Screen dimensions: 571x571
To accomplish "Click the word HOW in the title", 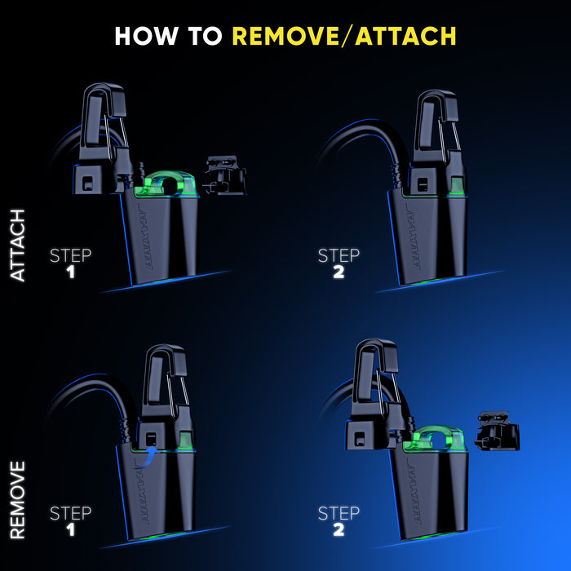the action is click(146, 36).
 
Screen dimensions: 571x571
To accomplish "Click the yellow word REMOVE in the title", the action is click(285, 36).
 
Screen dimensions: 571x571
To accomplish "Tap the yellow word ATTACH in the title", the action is click(405, 36).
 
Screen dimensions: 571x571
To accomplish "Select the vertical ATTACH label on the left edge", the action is click(17, 246).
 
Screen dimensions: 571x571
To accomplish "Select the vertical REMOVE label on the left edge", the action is click(17, 500).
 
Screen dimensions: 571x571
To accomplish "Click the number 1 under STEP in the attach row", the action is click(71, 272).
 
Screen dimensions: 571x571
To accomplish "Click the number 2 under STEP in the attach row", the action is click(339, 272).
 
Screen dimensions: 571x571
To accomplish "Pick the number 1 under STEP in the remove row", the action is click(71, 530).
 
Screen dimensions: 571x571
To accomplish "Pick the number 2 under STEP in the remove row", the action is click(339, 530).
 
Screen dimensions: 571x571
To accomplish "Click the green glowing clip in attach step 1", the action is click(166, 184).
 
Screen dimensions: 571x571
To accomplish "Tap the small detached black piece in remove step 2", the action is click(497, 431).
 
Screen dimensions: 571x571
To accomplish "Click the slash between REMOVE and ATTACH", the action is click(347, 36).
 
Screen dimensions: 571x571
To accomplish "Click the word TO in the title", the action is click(205, 36).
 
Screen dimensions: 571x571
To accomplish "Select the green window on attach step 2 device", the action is click(457, 184).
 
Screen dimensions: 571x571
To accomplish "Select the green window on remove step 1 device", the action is click(185, 440).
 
